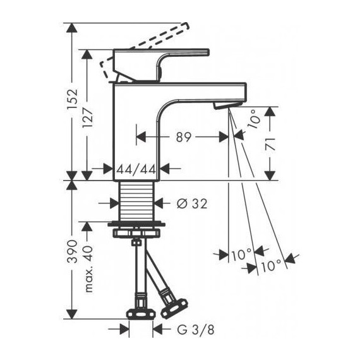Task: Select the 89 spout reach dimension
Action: [x=183, y=136]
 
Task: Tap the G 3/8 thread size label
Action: [x=188, y=329]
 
